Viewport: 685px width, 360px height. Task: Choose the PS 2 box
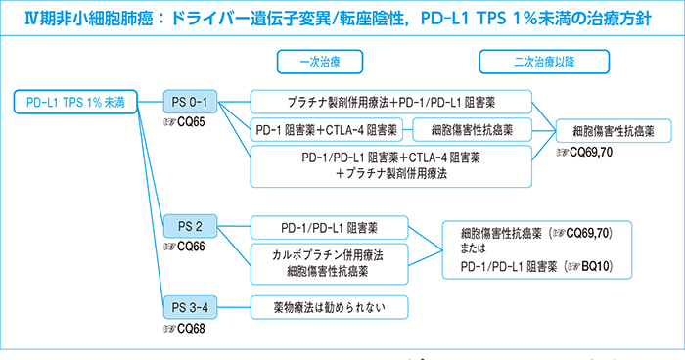pos(191,228)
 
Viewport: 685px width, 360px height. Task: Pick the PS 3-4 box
pos(191,307)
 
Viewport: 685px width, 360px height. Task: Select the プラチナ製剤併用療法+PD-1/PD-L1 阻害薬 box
pos(391,102)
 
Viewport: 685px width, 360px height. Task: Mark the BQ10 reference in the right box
pos(599,264)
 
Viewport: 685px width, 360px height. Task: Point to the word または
pos(477,248)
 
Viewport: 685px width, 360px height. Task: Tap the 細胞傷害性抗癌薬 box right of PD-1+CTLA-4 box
pos(473,129)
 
